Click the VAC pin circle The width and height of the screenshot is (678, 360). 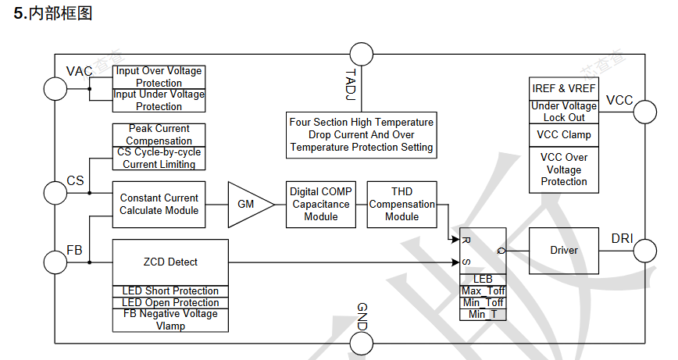(x=55, y=88)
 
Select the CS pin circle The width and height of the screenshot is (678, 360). (x=55, y=193)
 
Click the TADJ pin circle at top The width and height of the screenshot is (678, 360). (x=362, y=55)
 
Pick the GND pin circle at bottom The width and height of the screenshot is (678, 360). (x=362, y=344)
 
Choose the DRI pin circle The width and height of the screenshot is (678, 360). (x=644, y=251)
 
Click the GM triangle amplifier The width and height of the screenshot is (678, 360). (x=248, y=205)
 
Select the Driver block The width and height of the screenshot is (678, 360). (x=564, y=251)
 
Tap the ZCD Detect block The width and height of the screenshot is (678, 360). (x=170, y=262)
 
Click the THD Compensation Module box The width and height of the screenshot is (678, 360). (x=401, y=205)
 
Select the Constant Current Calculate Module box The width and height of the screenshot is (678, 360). (x=159, y=205)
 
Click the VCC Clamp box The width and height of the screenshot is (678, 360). (x=564, y=134)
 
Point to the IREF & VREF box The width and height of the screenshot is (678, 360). (x=564, y=88)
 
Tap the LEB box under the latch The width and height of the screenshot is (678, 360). (x=483, y=279)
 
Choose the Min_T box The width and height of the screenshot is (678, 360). (x=483, y=314)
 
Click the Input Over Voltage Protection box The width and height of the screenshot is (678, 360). (x=159, y=77)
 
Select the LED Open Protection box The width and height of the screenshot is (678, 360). (x=170, y=303)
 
